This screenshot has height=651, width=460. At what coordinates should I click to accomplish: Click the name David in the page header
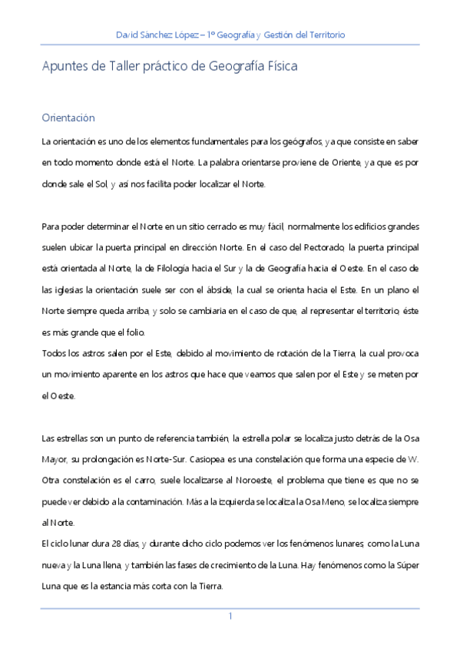click(x=127, y=35)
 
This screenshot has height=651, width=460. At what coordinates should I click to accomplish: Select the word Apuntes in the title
click(x=64, y=67)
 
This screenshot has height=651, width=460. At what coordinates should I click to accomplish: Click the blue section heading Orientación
click(x=68, y=118)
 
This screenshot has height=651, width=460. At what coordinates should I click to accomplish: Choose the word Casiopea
click(x=228, y=459)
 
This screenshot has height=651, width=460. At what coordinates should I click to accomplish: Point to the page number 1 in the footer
click(x=230, y=616)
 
